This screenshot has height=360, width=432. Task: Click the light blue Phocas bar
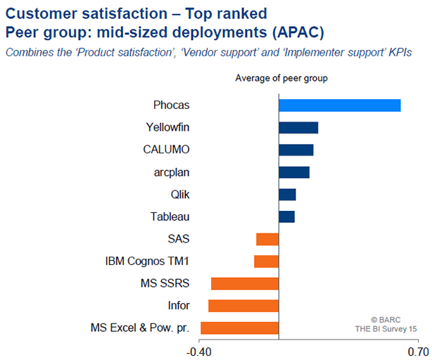(339, 105)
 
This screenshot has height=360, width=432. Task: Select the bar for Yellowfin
(298, 127)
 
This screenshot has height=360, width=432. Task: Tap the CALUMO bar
(296, 150)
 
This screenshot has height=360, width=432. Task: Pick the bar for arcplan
(294, 172)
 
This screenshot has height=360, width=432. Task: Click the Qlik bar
(287, 195)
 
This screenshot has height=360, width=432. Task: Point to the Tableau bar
(286, 217)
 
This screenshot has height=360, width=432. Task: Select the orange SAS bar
(267, 239)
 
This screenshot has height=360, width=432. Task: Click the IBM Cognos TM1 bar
(266, 262)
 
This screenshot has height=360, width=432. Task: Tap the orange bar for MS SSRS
(245, 283)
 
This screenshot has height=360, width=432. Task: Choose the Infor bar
(243, 306)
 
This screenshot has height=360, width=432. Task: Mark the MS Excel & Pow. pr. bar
(239, 328)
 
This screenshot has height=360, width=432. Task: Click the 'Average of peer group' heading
(281, 77)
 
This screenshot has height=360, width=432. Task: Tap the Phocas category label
(172, 105)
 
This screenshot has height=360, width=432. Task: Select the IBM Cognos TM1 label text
(147, 262)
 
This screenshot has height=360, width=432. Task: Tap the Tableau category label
(170, 217)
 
